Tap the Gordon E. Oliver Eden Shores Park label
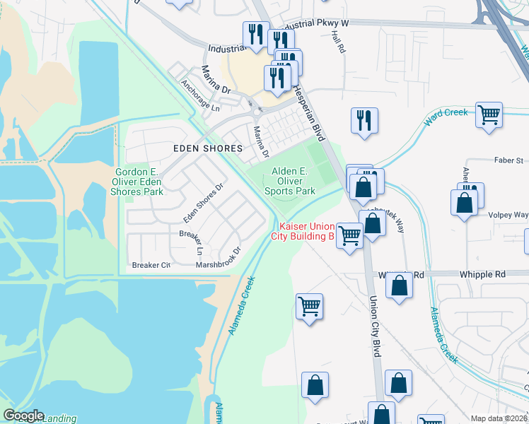click(140, 182)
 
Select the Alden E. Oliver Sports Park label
click(290, 181)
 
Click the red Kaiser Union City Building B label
click(303, 231)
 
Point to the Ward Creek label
click(446, 117)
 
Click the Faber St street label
click(508, 160)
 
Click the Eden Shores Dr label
click(203, 201)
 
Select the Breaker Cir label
click(151, 266)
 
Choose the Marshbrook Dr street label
click(219, 261)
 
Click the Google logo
click(23, 416)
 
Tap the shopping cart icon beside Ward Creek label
click(489, 115)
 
